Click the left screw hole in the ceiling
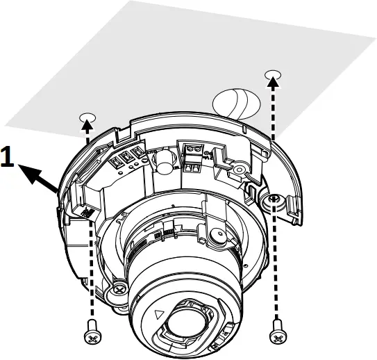click(87, 117)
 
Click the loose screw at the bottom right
click(278, 335)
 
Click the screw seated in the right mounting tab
click(273, 201)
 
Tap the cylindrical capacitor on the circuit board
click(163, 162)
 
